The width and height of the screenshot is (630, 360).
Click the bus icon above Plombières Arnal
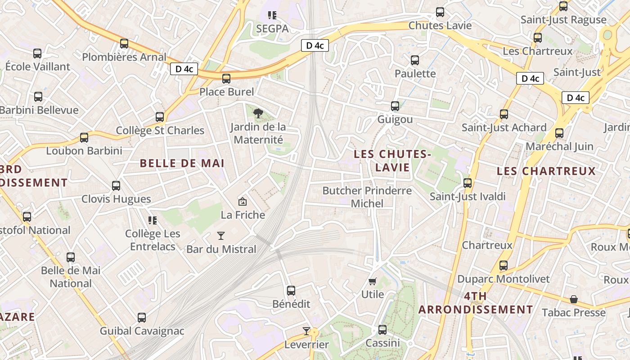pyautogui.click(x=124, y=44)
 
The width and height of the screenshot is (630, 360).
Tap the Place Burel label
pyautogui.click(x=227, y=92)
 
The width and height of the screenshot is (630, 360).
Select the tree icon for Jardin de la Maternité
pyautogui.click(x=258, y=113)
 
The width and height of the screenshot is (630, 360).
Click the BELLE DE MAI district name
pyautogui.click(x=182, y=163)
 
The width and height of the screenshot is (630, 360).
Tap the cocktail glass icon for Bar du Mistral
pyautogui.click(x=220, y=235)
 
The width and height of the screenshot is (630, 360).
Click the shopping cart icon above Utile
pyautogui.click(x=372, y=281)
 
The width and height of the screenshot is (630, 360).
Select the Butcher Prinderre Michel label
pyautogui.click(x=367, y=197)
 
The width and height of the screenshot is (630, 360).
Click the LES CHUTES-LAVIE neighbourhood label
pyautogui.click(x=392, y=161)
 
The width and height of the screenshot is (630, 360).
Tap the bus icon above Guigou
pyautogui.click(x=395, y=106)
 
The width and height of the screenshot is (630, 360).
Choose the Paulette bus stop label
pyautogui.click(x=415, y=73)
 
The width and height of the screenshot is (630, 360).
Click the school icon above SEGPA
pyautogui.click(x=272, y=16)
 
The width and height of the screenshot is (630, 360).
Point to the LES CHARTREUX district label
pyautogui.click(x=546, y=171)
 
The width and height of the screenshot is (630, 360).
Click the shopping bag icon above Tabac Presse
pyautogui.click(x=574, y=299)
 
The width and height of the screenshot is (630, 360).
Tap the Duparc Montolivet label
pyautogui.click(x=503, y=279)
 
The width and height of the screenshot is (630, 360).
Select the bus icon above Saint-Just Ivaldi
pyautogui.click(x=468, y=183)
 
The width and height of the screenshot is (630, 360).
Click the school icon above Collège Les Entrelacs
pyautogui.click(x=153, y=220)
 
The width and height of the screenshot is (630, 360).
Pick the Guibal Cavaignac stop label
pyautogui.click(x=142, y=331)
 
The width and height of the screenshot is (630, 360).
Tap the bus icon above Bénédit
pyautogui.click(x=291, y=291)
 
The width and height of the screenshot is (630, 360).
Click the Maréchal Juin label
pyautogui.click(x=559, y=146)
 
